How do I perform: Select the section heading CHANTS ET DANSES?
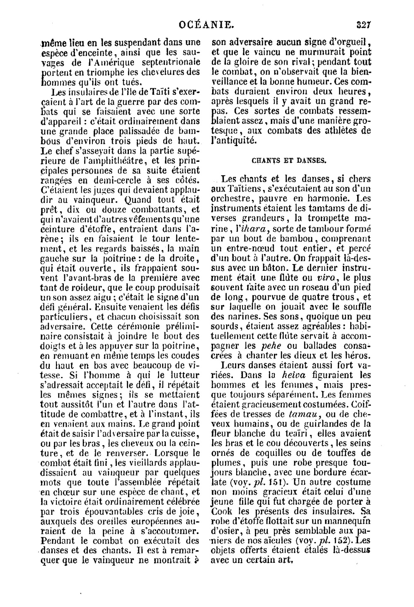coord(289,161)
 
